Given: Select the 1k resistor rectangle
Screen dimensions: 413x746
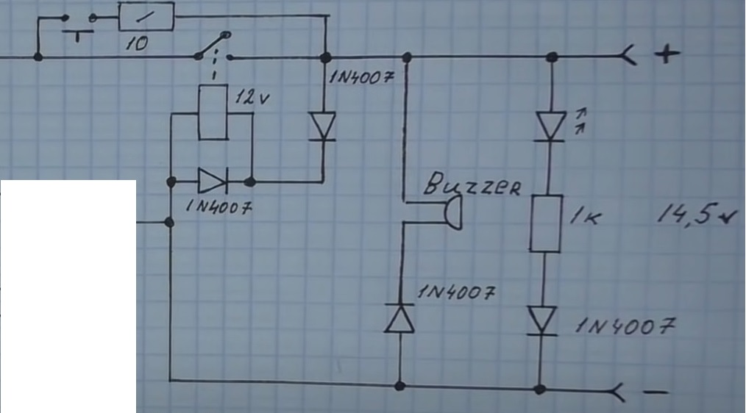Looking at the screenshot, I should point(545,223).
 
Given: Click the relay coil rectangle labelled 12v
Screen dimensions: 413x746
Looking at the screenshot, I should point(215,112).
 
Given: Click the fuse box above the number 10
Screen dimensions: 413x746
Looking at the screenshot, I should point(146,16).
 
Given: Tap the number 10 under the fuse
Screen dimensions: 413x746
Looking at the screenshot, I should point(136,44).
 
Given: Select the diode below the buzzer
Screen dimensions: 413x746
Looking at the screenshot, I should point(400,319).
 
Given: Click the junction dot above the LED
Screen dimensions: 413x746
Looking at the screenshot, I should point(552,57).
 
